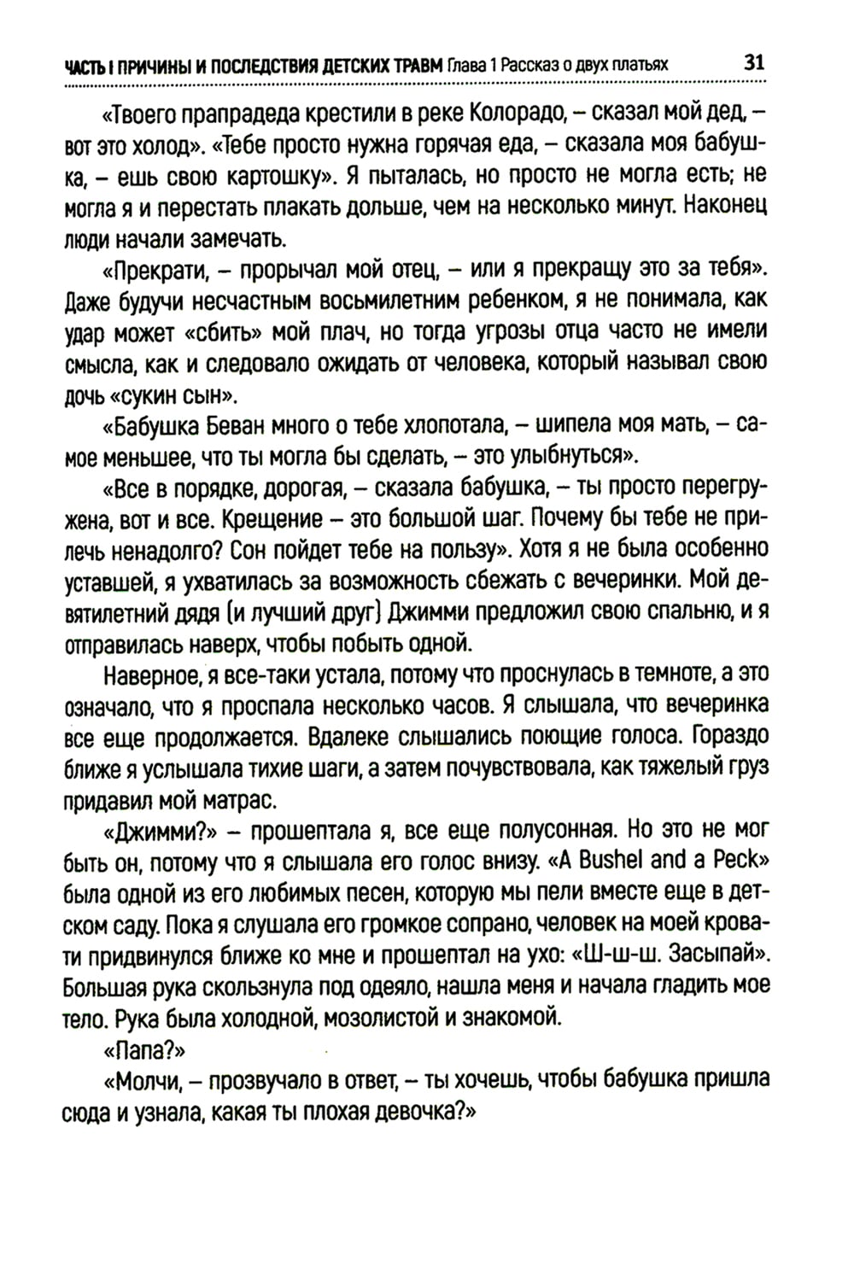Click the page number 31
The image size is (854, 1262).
click(x=754, y=63)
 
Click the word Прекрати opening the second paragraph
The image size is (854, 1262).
click(x=157, y=271)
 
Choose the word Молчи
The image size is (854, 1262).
click(x=141, y=1081)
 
